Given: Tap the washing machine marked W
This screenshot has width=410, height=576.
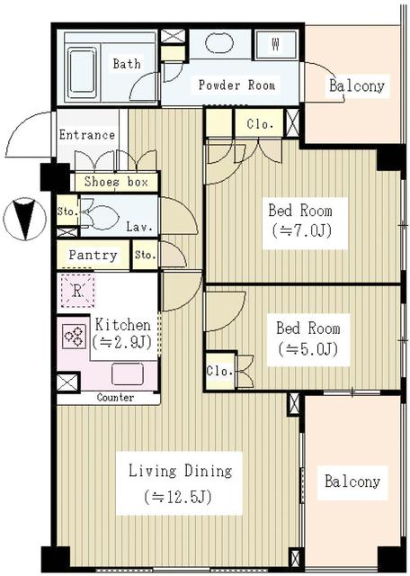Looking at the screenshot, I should tap(274, 44).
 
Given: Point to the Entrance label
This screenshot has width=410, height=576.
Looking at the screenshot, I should tap(86, 135).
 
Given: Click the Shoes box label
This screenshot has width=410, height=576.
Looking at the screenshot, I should tap(115, 181).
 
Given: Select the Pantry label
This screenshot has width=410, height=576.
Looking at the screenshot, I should tap(93, 256).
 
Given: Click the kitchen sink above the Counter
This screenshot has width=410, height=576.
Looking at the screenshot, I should tap(127, 373).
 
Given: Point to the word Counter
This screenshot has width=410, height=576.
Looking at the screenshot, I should tap(114, 398).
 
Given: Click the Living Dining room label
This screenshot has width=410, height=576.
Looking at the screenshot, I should tap(180, 471).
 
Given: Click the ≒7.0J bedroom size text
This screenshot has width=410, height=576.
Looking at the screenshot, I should tap(300, 230).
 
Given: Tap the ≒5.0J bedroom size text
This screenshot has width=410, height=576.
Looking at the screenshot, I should tap(307, 349).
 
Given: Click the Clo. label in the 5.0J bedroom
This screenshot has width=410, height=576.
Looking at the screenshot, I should tap(218, 370).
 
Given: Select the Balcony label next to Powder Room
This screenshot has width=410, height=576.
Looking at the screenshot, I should tap(356, 86).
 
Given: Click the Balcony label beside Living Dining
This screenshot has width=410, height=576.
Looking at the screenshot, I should tap(352, 481).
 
